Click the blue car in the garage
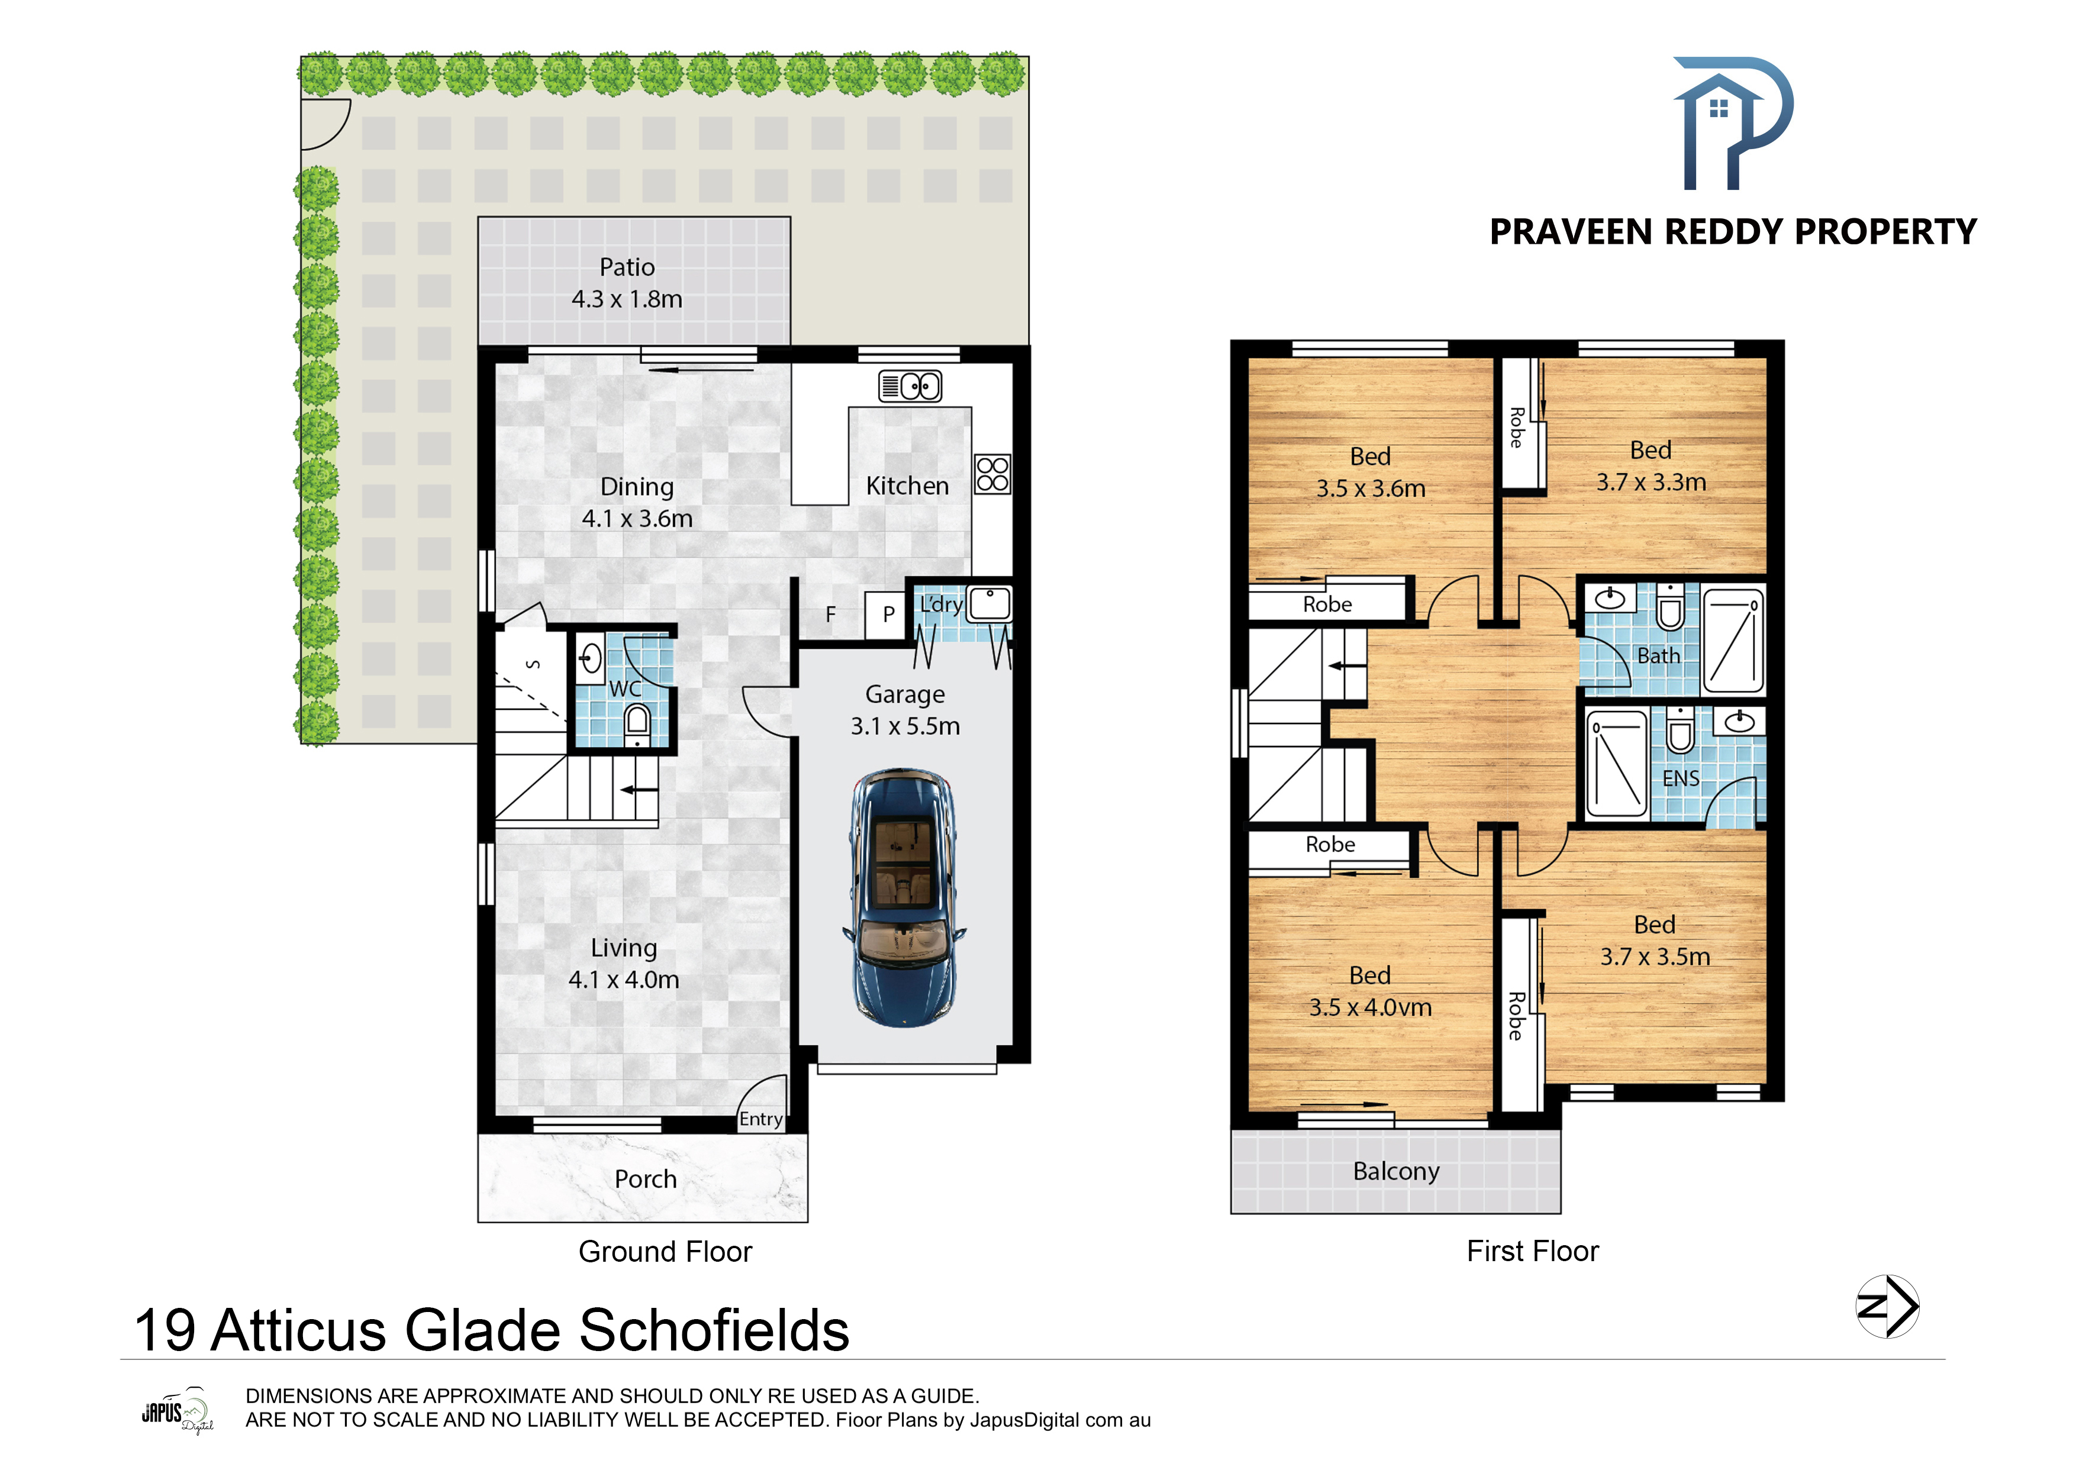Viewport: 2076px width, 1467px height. (904, 897)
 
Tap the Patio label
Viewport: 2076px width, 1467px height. (627, 267)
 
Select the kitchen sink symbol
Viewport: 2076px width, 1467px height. (910, 386)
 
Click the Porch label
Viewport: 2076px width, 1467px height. (646, 1179)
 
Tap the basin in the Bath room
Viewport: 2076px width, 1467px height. (1610, 597)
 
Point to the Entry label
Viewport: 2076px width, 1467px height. (760, 1119)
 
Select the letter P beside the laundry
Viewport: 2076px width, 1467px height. (889, 614)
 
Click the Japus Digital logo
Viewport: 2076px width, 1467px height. (177, 1411)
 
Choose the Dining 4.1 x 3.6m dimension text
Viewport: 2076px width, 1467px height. (637, 519)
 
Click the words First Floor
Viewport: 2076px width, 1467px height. (1533, 1251)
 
